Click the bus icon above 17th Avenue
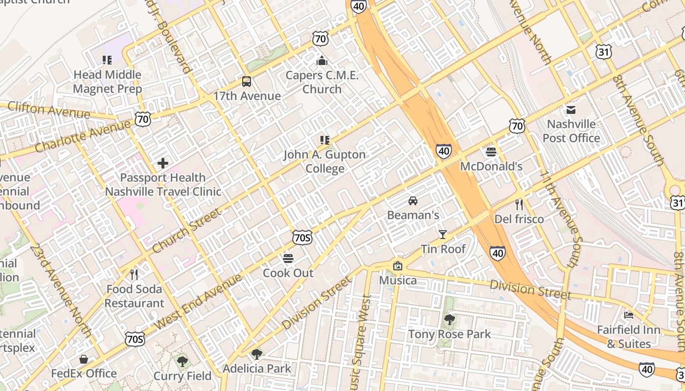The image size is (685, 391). click(247, 82)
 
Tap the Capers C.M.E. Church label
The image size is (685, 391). click(322, 82)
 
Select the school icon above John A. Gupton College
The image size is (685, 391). click(325, 140)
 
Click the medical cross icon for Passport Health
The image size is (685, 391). click(163, 163)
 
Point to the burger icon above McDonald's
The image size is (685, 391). click(491, 152)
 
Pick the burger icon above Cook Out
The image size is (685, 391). click(288, 258)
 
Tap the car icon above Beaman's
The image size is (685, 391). click(413, 201)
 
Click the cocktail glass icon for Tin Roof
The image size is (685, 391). click(443, 235)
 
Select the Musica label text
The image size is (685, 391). click(398, 281)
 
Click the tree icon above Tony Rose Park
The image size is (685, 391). click(449, 320)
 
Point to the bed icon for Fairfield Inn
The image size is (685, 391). click(629, 315)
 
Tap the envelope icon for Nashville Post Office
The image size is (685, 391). click(571, 109)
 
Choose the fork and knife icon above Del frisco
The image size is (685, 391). click(519, 204)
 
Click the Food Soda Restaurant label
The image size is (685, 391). click(134, 296)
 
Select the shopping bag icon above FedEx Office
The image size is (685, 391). click(84, 359)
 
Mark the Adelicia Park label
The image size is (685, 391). click(257, 369)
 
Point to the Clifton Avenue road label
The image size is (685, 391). click(48, 110)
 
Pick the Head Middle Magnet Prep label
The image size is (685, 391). click(107, 82)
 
